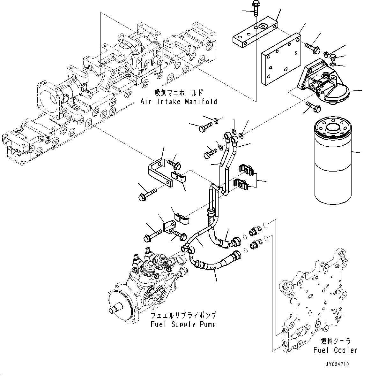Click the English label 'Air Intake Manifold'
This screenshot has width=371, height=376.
pyautogui.click(x=179, y=102)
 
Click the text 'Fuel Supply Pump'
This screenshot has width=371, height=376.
pyautogui.click(x=183, y=324)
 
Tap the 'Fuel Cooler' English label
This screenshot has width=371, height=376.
pyautogui.click(x=335, y=350)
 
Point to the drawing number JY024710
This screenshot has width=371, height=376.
pyautogui.click(x=337, y=364)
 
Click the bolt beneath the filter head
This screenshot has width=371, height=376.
pyautogui.click(x=312, y=107)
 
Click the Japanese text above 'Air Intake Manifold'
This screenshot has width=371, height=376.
pyautogui.click(x=178, y=93)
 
